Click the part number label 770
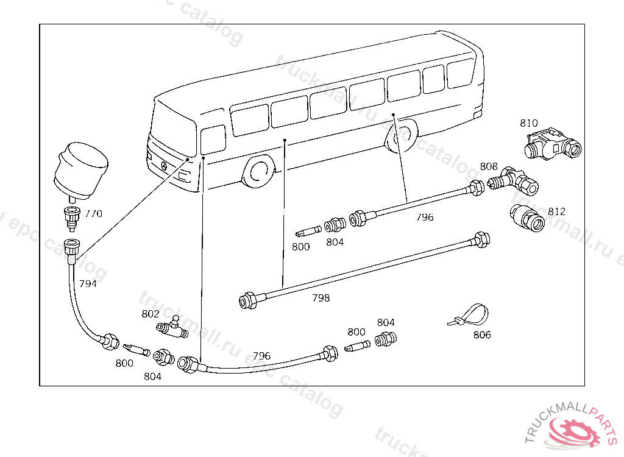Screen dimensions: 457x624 coord(93,214)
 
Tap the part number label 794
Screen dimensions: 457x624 coord(87,284)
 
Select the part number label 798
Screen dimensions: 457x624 coord(321,298)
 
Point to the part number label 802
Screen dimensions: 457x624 coord(150,314)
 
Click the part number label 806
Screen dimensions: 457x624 coord(481,335)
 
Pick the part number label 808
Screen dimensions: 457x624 coord(489,166)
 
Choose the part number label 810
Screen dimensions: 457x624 coord(529,123)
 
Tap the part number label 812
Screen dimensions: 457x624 coord(556,211)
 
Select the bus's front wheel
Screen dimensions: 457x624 coord(258,172)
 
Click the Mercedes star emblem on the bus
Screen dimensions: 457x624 coord(164,166)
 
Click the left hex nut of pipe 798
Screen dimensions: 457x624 coord(247,300)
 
